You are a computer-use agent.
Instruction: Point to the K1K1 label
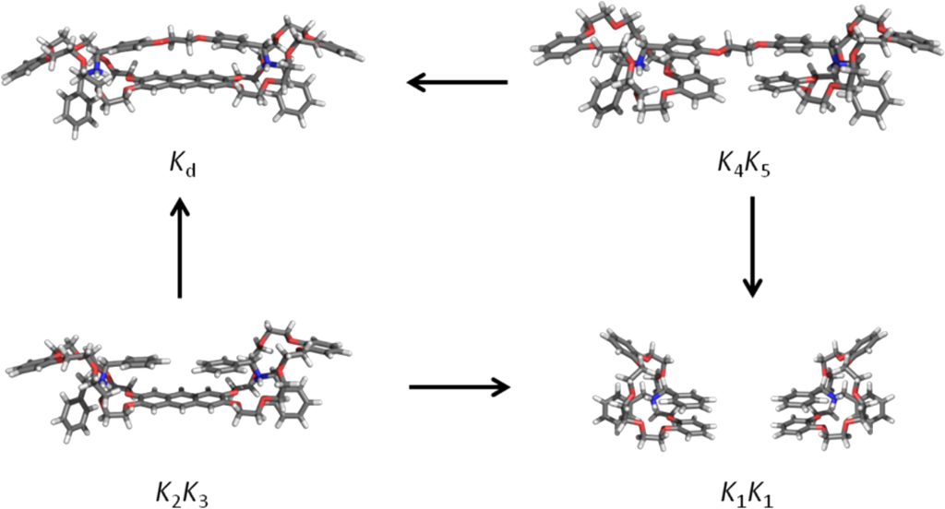point(752,482)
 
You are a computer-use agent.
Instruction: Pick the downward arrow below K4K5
point(752,245)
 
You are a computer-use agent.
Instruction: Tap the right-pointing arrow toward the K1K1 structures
point(459,386)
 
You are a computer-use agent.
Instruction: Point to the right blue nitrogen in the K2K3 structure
point(261,373)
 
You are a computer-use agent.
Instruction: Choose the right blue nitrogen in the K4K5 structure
point(838,63)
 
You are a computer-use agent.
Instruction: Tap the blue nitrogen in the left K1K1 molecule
point(656,399)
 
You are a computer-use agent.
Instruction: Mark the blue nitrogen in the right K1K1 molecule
point(831,398)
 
